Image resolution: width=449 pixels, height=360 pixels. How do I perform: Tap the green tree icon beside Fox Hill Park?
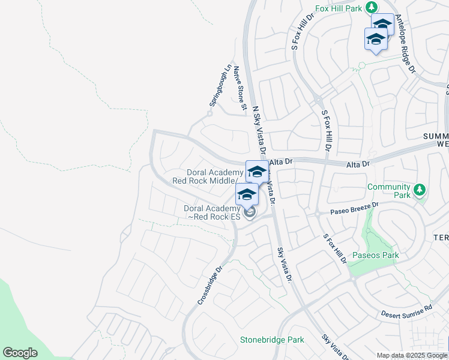372,7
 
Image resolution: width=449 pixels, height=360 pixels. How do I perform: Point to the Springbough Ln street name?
219,85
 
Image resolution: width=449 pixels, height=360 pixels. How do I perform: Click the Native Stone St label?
240,88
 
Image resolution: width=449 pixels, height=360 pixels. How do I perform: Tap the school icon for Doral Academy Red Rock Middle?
257,172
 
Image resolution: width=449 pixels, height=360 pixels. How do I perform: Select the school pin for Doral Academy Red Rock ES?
247,194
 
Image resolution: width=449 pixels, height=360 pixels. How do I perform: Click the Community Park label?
388,191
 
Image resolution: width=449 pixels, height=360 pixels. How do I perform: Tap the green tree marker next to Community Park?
420,191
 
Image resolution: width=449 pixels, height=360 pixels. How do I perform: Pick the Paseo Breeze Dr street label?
355,208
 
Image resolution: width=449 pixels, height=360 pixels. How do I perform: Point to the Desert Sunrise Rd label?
406,311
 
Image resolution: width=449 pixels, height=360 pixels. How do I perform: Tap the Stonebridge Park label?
272,340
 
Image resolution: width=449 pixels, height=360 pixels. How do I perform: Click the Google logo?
20,352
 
